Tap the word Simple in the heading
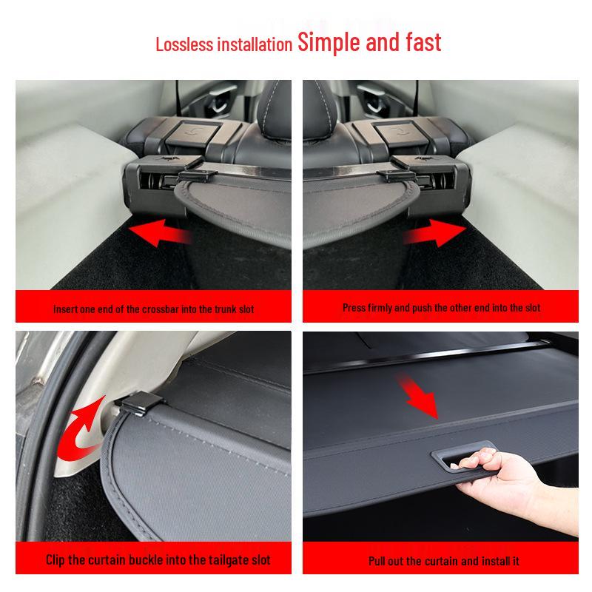(x=329, y=41)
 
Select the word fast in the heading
(x=420, y=41)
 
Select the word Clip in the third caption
(x=57, y=560)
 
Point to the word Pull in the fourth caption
(x=380, y=561)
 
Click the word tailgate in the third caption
(x=217, y=560)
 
